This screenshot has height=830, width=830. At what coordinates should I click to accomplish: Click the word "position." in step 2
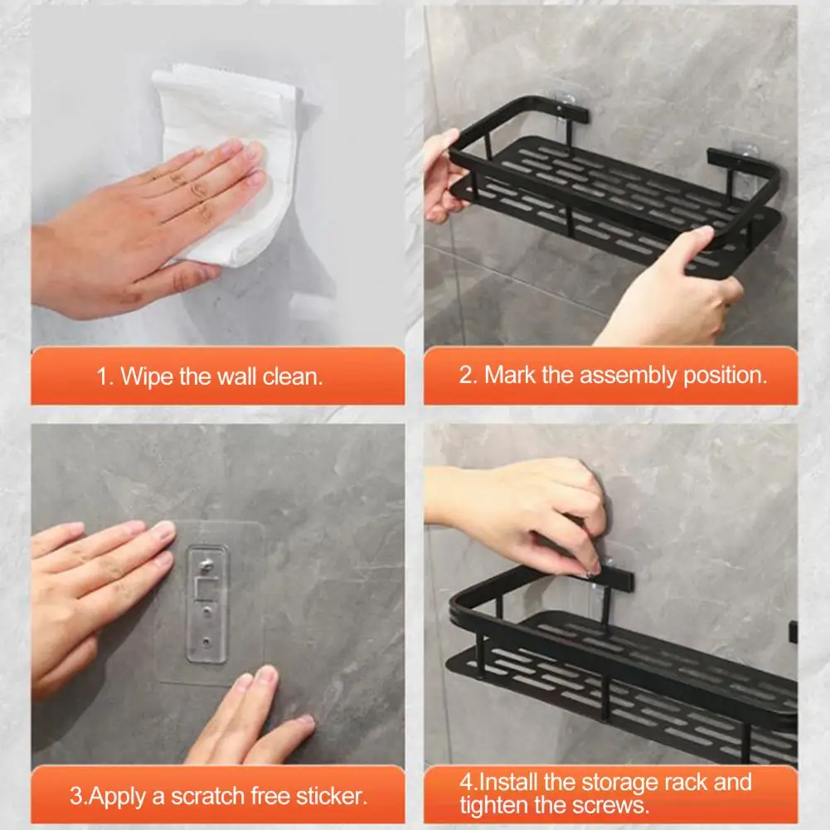(725, 376)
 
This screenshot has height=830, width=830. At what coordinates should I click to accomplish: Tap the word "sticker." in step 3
(331, 796)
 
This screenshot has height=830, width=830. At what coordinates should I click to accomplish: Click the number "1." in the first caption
(105, 377)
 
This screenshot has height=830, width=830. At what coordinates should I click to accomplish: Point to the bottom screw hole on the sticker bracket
(207, 642)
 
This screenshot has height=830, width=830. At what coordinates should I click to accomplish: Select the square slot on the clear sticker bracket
(206, 588)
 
